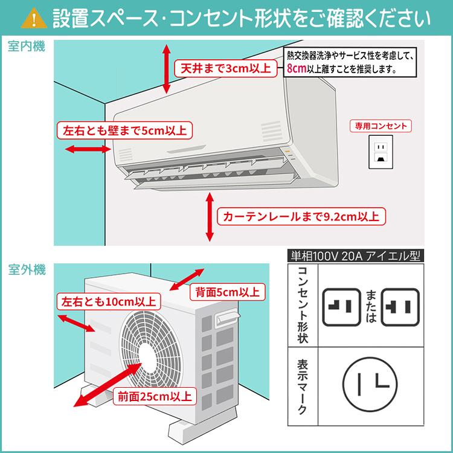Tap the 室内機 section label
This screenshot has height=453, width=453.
click(27, 47)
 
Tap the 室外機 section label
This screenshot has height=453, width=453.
click(27, 270)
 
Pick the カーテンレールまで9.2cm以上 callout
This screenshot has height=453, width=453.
click(300, 216)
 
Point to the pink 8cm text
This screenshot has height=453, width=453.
click(297, 69)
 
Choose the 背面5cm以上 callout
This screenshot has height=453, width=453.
click(226, 292)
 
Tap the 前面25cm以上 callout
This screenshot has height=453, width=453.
click(153, 397)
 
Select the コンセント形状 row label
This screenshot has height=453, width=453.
click(303, 305)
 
